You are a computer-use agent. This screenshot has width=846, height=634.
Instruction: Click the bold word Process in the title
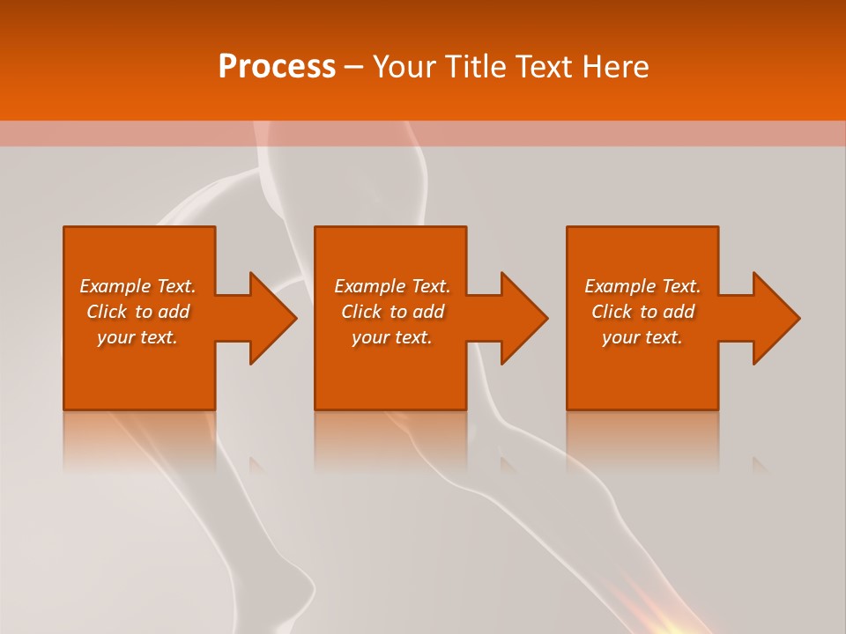pyautogui.click(x=277, y=67)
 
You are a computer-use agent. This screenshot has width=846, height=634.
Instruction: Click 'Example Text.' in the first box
pyautogui.click(x=137, y=286)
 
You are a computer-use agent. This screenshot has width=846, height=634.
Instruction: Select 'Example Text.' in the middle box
pyautogui.click(x=392, y=286)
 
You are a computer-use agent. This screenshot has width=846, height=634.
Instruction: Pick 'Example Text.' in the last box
pyautogui.click(x=642, y=286)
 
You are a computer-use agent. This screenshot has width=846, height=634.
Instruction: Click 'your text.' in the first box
pyautogui.click(x=137, y=337)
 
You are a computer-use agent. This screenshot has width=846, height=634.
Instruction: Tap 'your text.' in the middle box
pyautogui.click(x=392, y=337)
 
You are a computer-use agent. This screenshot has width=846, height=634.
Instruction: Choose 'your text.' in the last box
pyautogui.click(x=642, y=337)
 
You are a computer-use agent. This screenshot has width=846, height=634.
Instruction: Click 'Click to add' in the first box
pyautogui.click(x=137, y=312)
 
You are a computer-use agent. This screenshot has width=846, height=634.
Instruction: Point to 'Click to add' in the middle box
pyautogui.click(x=392, y=312)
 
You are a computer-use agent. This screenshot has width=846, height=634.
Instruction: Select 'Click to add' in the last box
pyautogui.click(x=642, y=312)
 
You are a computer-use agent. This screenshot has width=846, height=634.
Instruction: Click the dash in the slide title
pyautogui.click(x=353, y=67)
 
